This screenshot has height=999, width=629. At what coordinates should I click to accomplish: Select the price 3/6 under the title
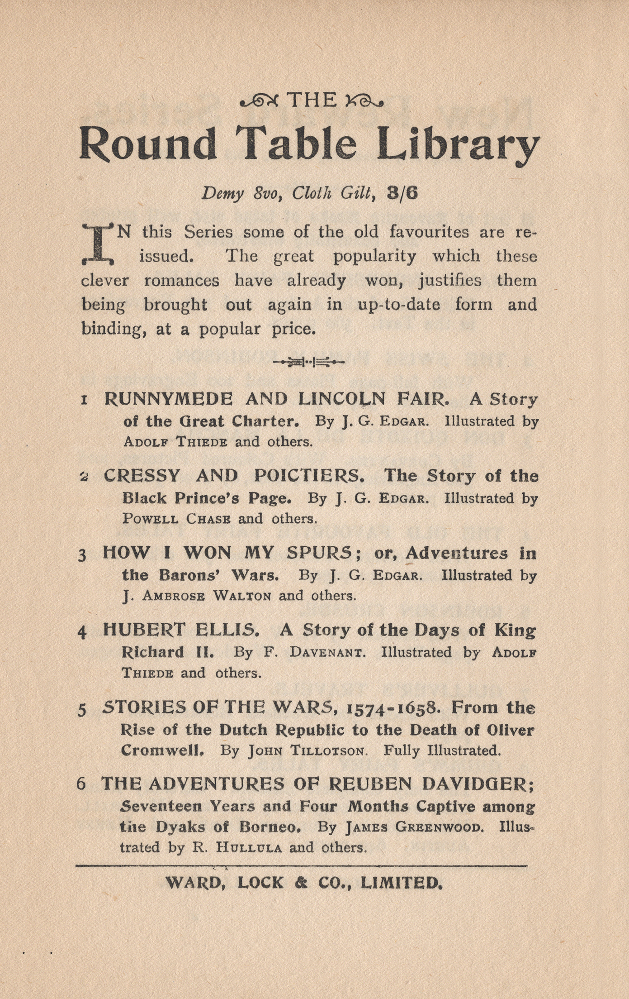(402, 193)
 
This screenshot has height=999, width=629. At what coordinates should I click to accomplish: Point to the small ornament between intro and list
(309, 361)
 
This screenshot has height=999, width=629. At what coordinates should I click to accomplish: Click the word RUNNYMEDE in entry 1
(168, 399)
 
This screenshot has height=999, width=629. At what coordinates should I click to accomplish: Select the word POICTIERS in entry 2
(309, 475)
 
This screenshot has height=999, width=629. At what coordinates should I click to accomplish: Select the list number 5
(82, 709)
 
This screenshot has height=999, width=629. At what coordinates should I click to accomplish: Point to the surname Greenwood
(437, 827)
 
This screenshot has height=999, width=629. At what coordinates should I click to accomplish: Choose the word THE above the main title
(312, 100)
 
